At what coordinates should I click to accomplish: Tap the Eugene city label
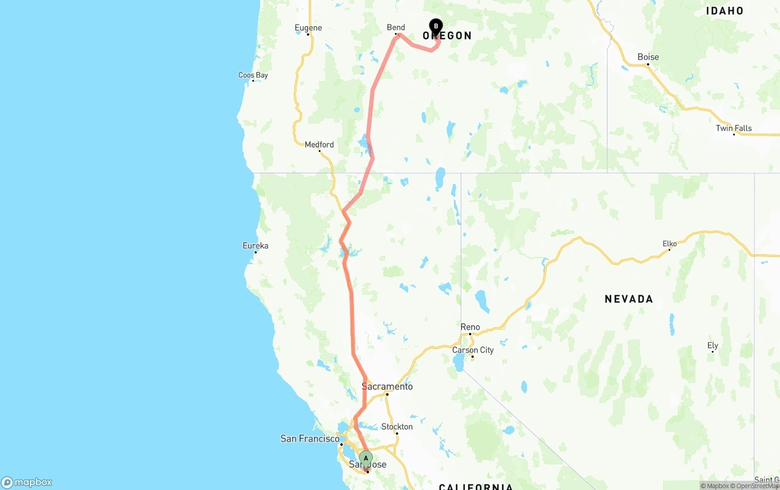point(308,27)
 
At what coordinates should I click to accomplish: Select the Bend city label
point(395,27)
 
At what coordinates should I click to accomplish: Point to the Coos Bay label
point(253,76)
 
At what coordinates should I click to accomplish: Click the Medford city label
point(319,145)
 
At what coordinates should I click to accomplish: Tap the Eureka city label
point(255,246)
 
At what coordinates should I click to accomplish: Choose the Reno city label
point(470,327)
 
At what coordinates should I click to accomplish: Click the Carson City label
point(473,350)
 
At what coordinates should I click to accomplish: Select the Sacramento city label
point(387,386)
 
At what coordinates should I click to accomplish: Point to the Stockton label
point(397,427)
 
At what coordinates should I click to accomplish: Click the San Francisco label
point(310,439)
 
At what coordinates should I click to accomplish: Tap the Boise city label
point(648,57)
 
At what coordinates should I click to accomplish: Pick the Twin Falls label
point(734,128)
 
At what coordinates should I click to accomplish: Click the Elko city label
point(670,244)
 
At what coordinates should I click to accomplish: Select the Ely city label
point(712,345)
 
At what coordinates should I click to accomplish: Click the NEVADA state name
point(629,299)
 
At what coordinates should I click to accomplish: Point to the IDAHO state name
point(725,10)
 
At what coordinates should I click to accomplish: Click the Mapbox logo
point(27,482)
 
